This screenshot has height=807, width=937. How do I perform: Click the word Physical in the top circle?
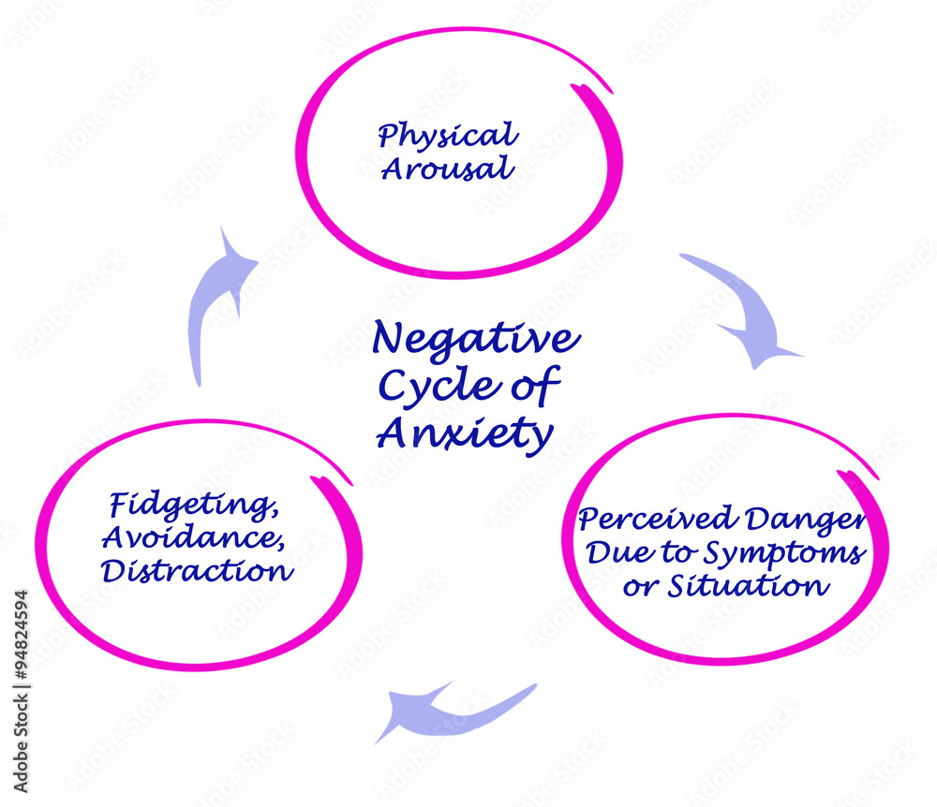coord(448,137)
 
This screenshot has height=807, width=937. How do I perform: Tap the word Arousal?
coord(435,169)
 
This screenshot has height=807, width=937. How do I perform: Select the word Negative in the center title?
coord(475,339)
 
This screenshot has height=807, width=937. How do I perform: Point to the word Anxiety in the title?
coord(465,433)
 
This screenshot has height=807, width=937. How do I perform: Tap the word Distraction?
coord(197,570)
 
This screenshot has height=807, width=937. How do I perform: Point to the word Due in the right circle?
coord(611,553)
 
